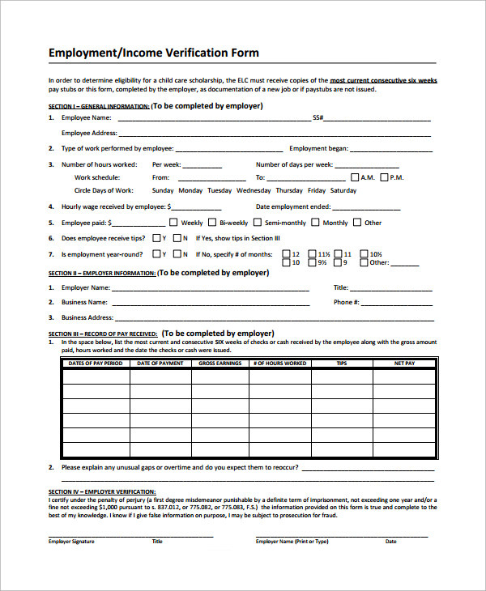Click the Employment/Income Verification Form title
[x=154, y=53]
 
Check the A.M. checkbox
[x=355, y=176]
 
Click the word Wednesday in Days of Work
[x=254, y=190]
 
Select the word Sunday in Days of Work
[x=163, y=190]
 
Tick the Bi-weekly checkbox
[x=212, y=222]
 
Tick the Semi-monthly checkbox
[x=258, y=222]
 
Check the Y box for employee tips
[x=156, y=238]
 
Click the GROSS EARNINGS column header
[x=220, y=364]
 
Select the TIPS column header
[x=342, y=364]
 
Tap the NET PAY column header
[x=404, y=364]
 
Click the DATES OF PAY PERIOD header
[x=96, y=364]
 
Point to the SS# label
[x=318, y=117]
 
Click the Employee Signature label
[x=71, y=541]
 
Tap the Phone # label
[x=346, y=302]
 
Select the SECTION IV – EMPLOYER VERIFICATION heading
[x=102, y=491]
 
